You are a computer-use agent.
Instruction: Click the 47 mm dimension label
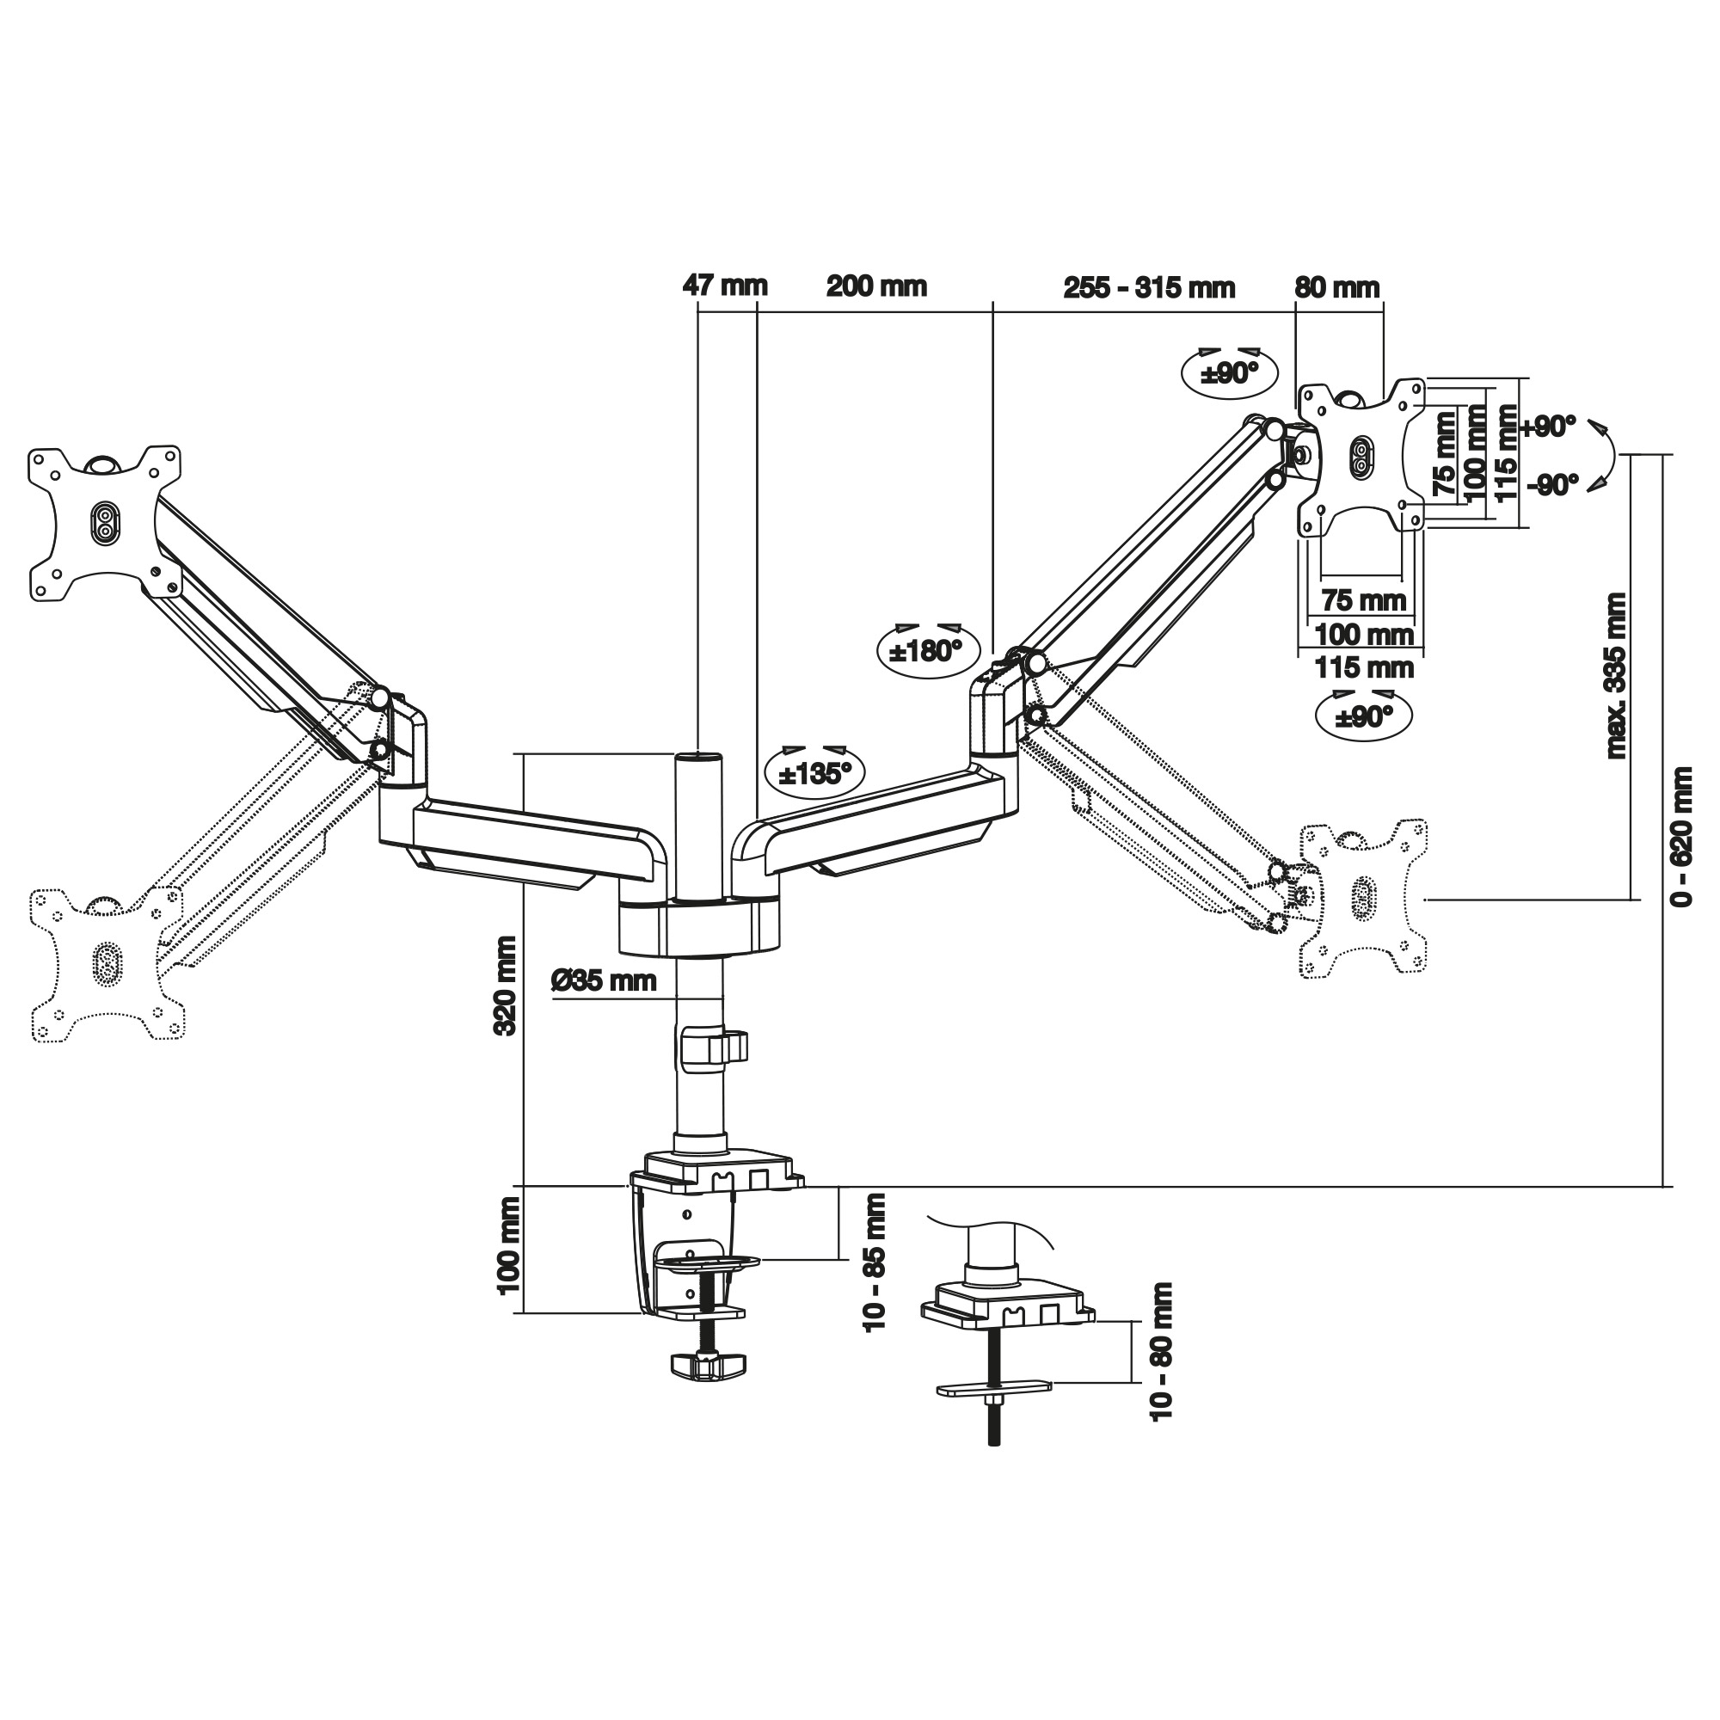tap(725, 286)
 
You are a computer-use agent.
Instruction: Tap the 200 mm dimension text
tap(877, 286)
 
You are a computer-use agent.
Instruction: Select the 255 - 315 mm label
tap(1148, 287)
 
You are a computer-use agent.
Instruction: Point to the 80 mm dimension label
tap(1336, 286)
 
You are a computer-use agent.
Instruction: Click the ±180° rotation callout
tap(926, 651)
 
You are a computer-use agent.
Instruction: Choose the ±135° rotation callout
tap(814, 773)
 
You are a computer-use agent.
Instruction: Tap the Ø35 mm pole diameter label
tap(604, 981)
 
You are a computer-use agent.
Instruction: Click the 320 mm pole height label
tap(506, 985)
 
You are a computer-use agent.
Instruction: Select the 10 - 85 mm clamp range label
tap(876, 1262)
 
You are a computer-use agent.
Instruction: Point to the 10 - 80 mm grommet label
tap(1163, 1351)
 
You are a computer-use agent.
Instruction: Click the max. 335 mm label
tap(1616, 676)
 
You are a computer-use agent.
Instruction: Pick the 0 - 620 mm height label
tap(1680, 836)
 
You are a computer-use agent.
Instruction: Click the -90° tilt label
tap(1551, 485)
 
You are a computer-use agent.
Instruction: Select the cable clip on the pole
tap(713, 1047)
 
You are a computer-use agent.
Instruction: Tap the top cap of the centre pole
tap(699, 758)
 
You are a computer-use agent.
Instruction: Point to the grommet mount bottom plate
tap(993, 1387)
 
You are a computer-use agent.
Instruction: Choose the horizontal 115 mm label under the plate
tap(1364, 666)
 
